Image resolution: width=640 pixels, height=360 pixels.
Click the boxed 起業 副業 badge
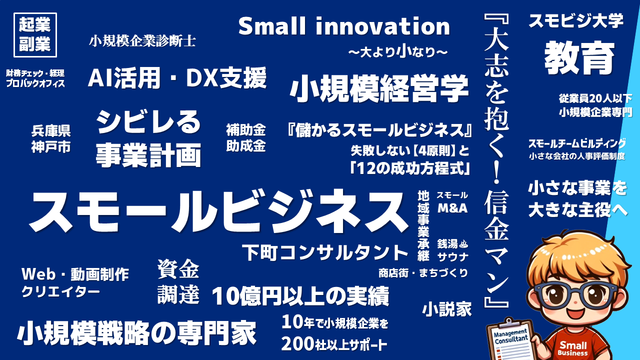point(35,35)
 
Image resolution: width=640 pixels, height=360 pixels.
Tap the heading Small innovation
point(344,26)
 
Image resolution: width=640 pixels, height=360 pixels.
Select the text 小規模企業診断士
point(142,41)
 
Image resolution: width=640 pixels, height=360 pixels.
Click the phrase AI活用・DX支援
point(177,78)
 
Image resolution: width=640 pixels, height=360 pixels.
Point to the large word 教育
point(579,57)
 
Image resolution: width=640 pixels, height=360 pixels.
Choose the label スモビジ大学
point(576,21)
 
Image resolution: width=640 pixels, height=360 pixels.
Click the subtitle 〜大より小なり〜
point(398,52)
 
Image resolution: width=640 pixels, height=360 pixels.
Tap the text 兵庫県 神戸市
point(51,139)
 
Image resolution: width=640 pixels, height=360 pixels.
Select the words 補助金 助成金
point(246,137)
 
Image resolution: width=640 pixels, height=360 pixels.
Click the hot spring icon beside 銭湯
point(463,243)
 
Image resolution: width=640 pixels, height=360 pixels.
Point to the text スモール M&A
point(452,202)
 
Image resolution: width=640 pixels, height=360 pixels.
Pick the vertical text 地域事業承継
point(423,225)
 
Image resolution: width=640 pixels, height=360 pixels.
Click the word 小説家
point(447,309)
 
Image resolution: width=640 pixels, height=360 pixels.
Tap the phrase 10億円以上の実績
point(300,296)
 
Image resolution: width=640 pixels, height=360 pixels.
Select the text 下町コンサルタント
point(325,252)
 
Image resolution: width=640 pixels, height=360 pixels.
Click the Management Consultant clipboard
point(510,339)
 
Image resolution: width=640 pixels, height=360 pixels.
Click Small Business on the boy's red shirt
point(573,348)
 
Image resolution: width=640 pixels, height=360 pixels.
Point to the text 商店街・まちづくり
point(423,273)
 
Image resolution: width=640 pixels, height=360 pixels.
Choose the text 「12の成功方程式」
point(410,168)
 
